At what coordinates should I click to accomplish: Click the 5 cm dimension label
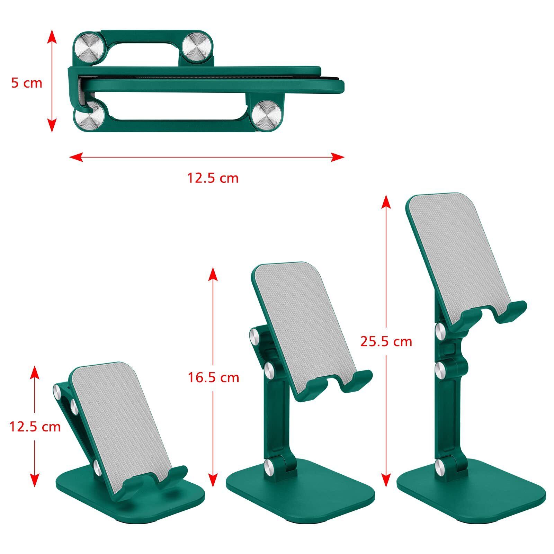27,83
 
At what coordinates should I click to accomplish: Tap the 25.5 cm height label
386,341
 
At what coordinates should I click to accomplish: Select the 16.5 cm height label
213,377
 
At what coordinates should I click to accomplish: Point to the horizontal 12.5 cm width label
213,178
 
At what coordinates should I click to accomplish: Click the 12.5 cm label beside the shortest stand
35,427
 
